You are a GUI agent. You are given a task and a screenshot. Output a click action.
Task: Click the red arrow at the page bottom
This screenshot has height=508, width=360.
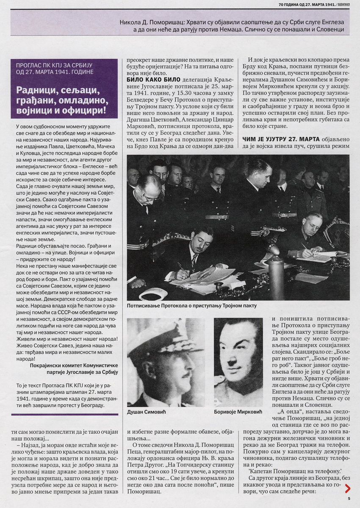pos(348,489)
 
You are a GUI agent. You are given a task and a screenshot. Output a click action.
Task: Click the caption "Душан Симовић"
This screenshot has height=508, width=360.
pos(147,412)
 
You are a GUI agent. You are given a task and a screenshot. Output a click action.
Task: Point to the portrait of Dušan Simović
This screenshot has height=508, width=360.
pos(166,362)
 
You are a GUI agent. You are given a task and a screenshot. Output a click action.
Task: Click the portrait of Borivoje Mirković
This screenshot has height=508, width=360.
pos(238,362)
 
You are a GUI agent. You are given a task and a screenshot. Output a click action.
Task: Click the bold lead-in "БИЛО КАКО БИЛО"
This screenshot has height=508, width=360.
pos(148,80)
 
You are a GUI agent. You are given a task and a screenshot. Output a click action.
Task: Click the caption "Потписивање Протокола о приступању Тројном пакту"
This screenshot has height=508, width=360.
pos(191,306)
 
